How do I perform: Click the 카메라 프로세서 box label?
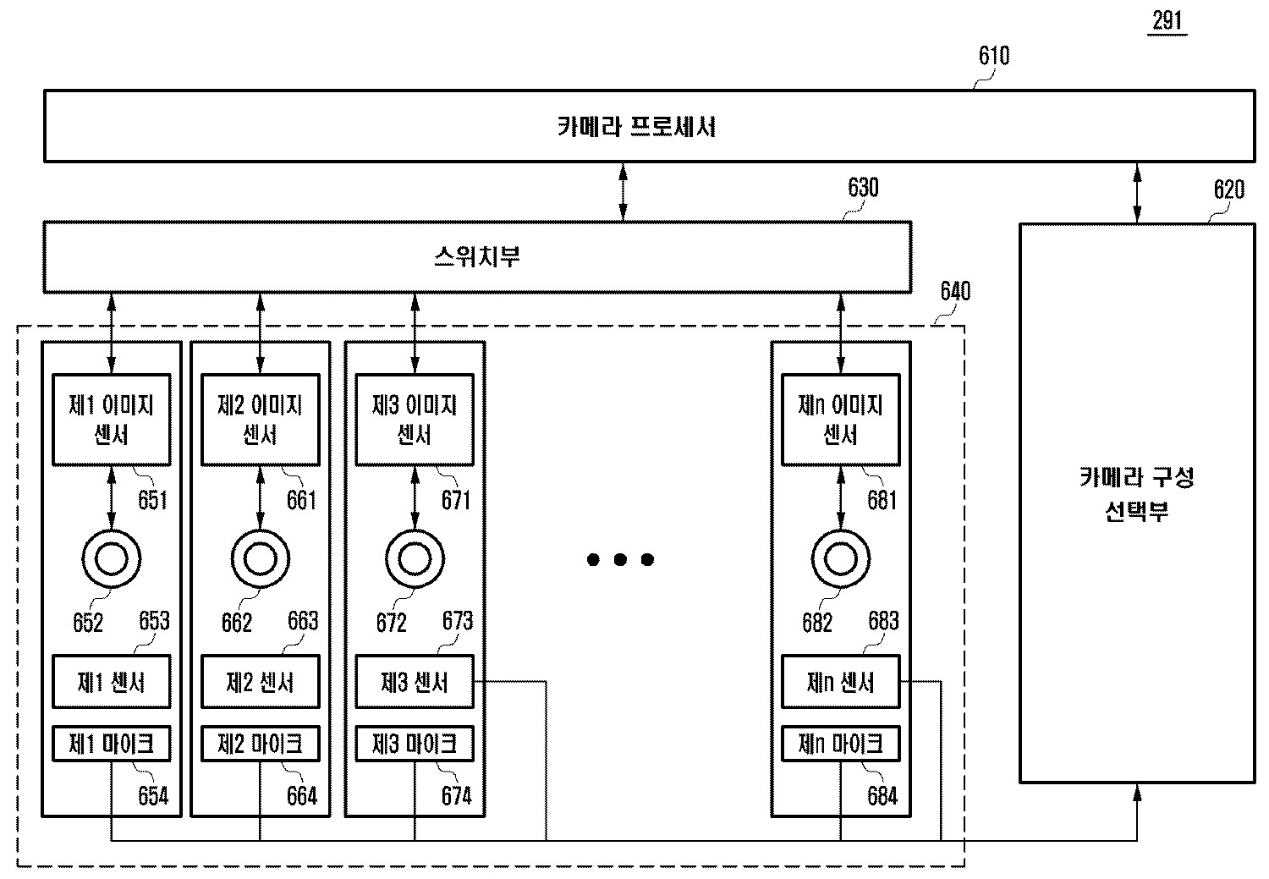pyautogui.click(x=636, y=127)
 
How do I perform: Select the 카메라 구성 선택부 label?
pyautogui.click(x=1136, y=495)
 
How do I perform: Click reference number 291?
pyautogui.click(x=1167, y=19)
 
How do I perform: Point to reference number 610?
pyautogui.click(x=994, y=56)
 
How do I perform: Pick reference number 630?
pyautogui.click(x=863, y=188)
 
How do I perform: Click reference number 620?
pyautogui.click(x=1228, y=190)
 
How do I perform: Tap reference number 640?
pyautogui.click(x=955, y=292)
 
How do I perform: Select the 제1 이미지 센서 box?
pyautogui.click(x=112, y=420)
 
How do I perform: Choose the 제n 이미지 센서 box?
pyautogui.click(x=840, y=420)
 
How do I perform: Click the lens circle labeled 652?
pyautogui.click(x=112, y=558)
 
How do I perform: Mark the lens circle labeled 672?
pyautogui.click(x=415, y=558)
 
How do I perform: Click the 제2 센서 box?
pyautogui.click(x=260, y=682)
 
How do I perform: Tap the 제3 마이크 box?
pyautogui.click(x=415, y=744)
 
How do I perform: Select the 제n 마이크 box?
pyautogui.click(x=840, y=744)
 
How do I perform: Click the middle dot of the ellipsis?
pyautogui.click(x=620, y=559)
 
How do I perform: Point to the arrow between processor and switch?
pyautogui.click(x=624, y=192)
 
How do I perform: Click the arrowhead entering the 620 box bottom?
pyautogui.click(x=1138, y=791)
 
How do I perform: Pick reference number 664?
pyautogui.click(x=301, y=796)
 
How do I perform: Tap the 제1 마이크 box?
pyautogui.click(x=112, y=744)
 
